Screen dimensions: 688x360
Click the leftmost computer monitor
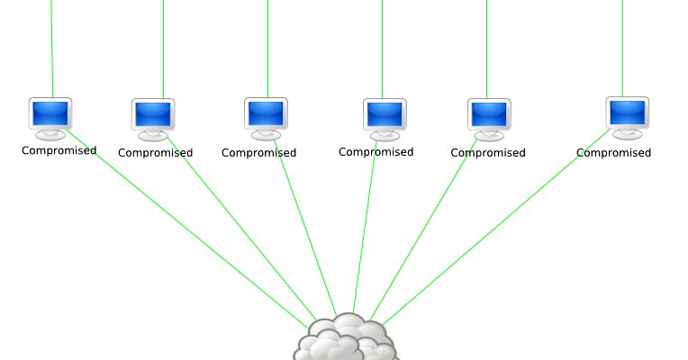[x=50, y=119]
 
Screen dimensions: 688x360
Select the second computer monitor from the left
[x=153, y=120]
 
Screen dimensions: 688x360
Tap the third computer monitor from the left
[x=266, y=119]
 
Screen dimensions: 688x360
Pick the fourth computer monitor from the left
[x=385, y=120]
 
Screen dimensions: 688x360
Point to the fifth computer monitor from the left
[x=489, y=120]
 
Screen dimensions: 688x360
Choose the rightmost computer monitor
[x=628, y=119]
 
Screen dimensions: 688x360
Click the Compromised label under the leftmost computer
[x=59, y=151]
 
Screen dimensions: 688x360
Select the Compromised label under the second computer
[x=155, y=153]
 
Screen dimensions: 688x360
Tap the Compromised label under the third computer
[x=258, y=153]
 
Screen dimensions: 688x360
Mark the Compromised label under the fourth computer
[x=376, y=152]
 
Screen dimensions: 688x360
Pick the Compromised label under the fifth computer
[x=488, y=153]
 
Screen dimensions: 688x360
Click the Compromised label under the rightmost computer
[x=613, y=153]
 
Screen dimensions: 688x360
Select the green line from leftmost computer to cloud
[x=187, y=229]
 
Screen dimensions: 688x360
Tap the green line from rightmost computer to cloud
[x=496, y=227]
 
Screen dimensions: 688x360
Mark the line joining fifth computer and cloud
[x=423, y=229]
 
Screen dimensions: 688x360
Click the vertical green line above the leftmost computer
[x=51, y=49]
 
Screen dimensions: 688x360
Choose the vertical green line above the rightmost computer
[x=622, y=49]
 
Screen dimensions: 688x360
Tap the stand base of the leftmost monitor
[x=50, y=136]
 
